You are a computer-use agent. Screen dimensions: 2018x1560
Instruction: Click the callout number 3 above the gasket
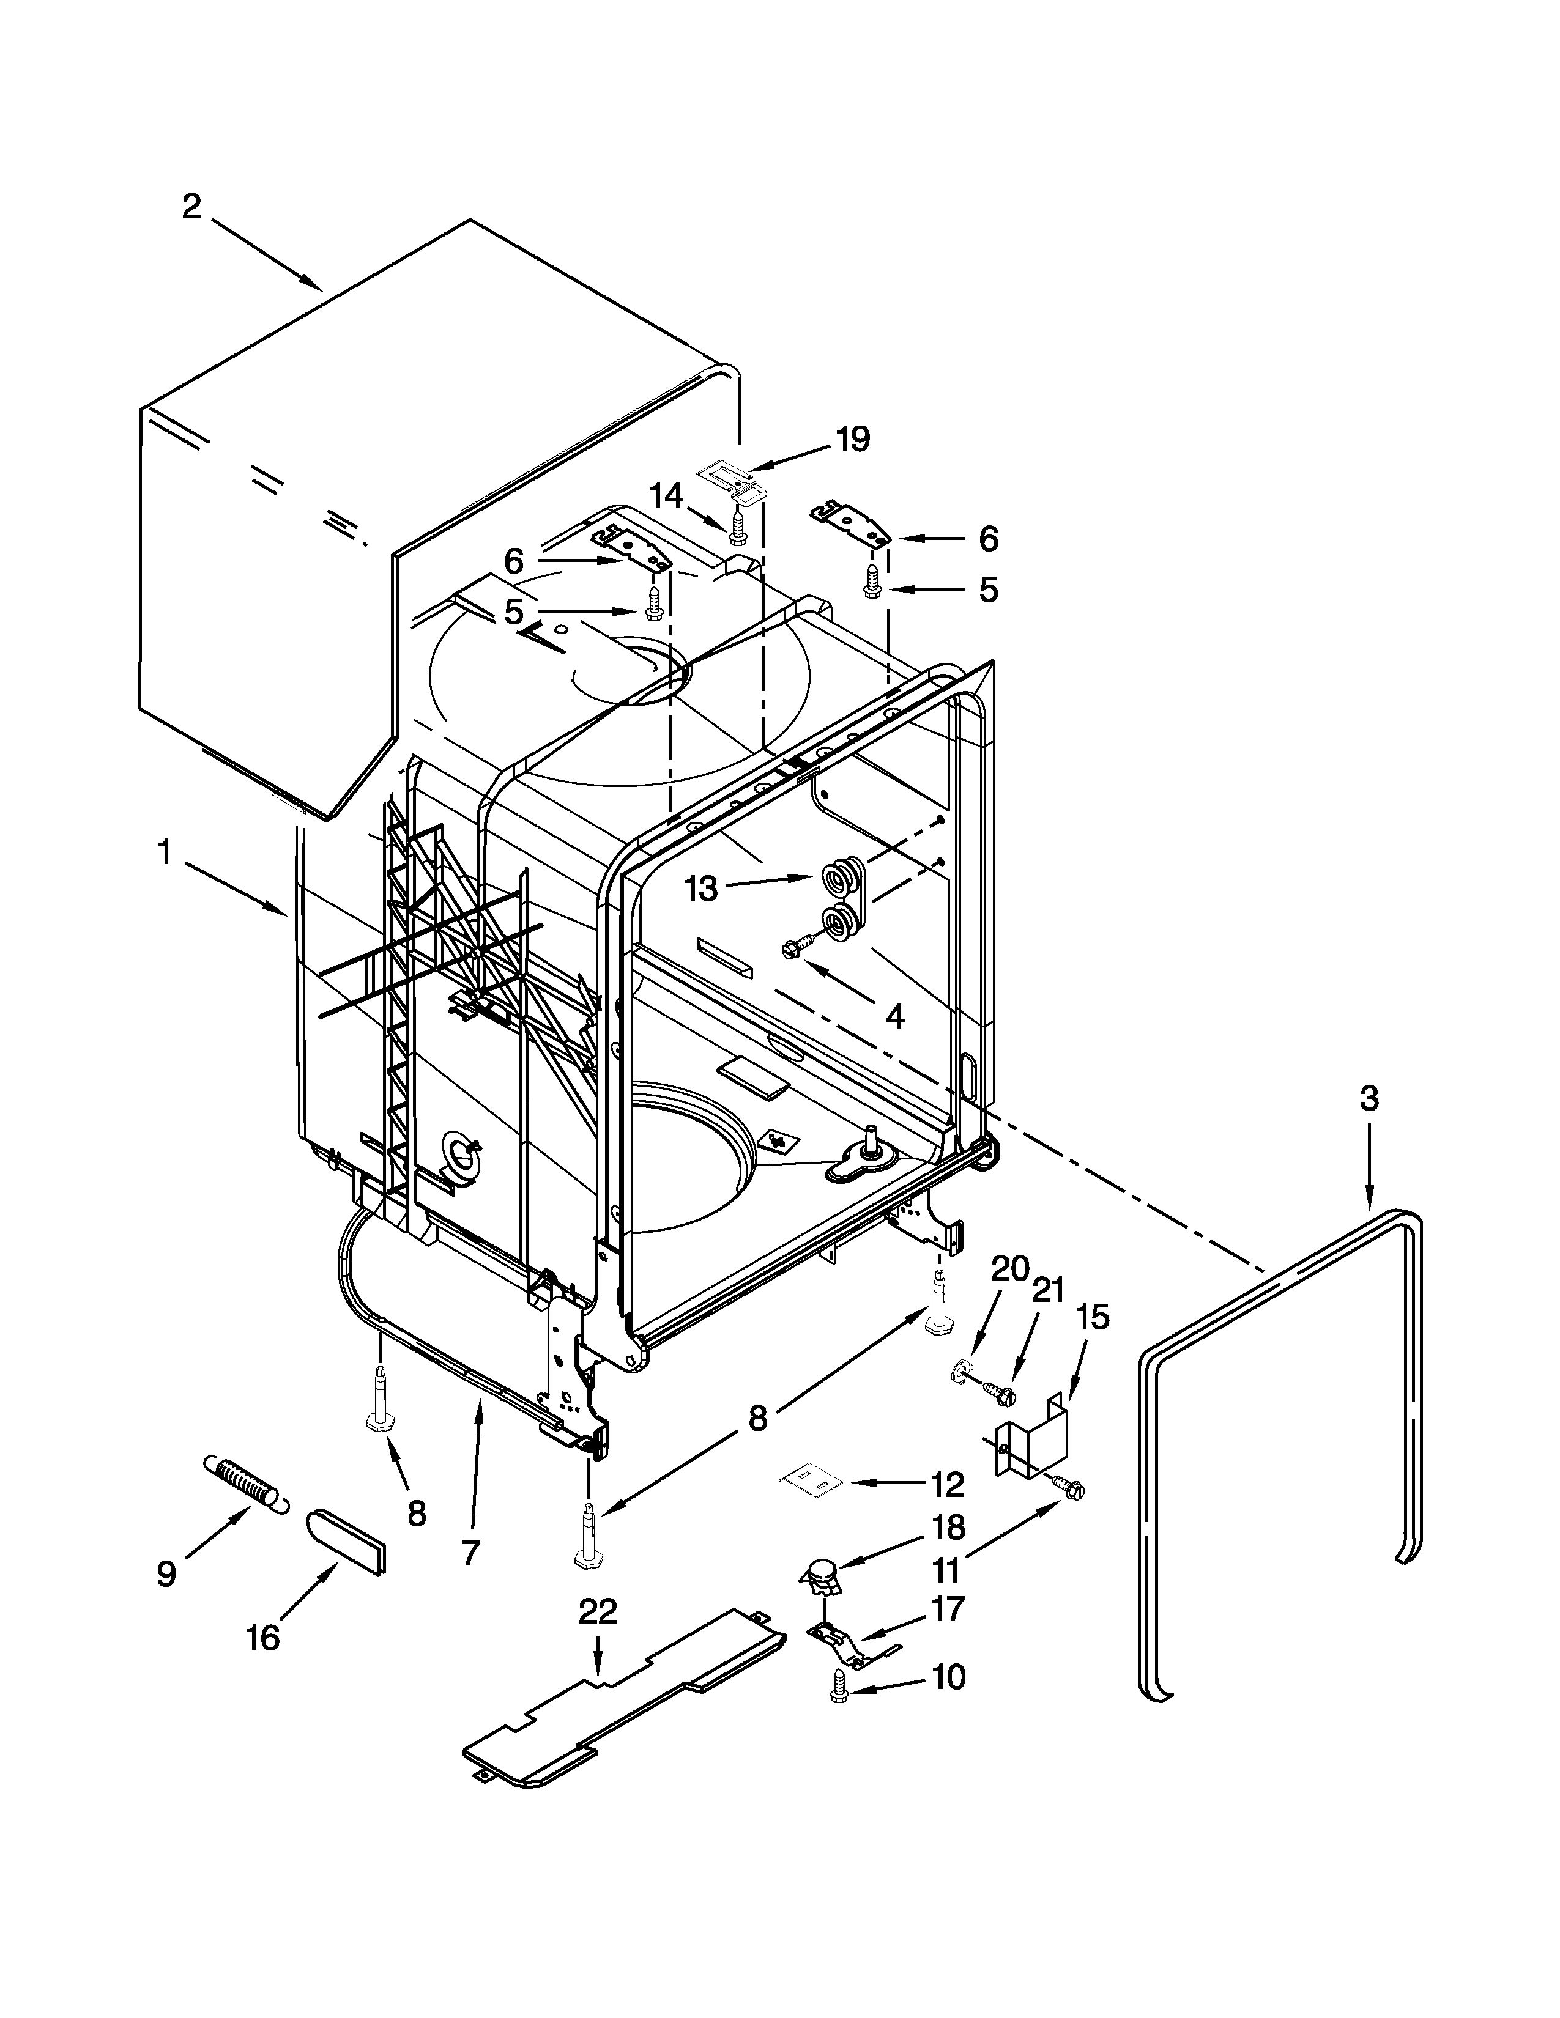[1369, 1099]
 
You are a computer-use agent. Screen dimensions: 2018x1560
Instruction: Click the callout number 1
[165, 852]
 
